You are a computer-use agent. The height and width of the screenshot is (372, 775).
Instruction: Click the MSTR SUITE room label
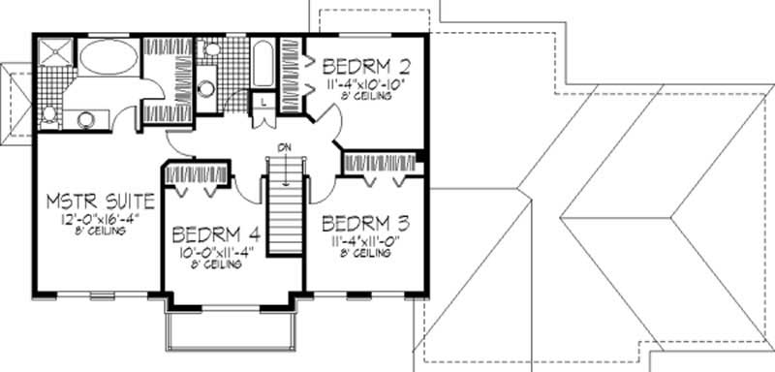pos(102,202)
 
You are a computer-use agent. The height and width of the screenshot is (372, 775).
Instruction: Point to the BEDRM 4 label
pos(214,234)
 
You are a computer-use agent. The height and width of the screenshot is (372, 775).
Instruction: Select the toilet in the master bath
pos(48,113)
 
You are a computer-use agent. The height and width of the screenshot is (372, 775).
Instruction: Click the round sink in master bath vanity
pos(85,119)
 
